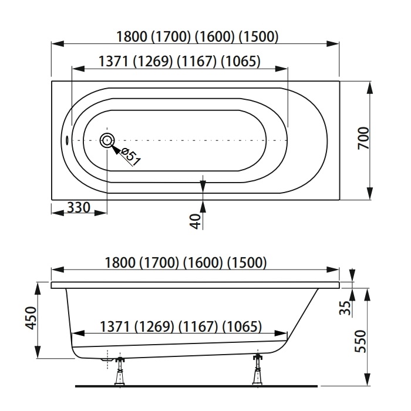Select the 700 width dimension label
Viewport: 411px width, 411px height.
pos(363,138)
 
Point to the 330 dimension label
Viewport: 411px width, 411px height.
pos(79,208)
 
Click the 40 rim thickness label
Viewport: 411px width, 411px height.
pos(196,221)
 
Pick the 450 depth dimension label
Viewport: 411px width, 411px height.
pos(31,318)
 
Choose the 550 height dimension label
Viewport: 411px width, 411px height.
pos(360,341)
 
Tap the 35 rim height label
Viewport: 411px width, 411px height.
pos(345,308)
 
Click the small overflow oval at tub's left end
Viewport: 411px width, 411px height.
pos(66,140)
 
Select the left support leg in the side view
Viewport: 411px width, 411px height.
pos(120,370)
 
